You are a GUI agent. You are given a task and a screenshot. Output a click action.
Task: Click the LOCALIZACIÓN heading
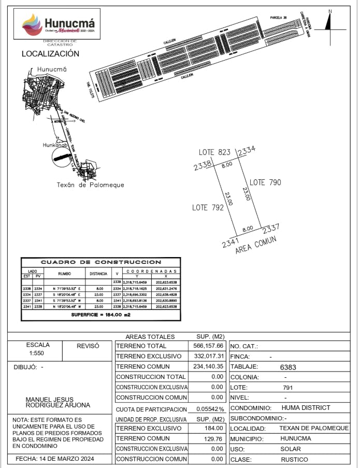click(x=50, y=54)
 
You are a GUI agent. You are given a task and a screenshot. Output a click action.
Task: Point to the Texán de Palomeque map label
click(x=90, y=185)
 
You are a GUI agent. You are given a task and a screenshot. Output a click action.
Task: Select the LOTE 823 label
click(x=214, y=152)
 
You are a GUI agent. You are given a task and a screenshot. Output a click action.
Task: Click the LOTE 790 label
click(x=265, y=182)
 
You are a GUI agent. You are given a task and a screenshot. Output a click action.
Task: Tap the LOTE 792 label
click(x=208, y=207)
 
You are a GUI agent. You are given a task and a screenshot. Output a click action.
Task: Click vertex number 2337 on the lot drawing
click(x=271, y=228)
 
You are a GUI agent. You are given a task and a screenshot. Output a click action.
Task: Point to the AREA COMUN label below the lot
click(x=256, y=245)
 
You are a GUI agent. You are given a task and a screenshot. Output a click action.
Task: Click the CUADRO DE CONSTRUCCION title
click(x=101, y=262)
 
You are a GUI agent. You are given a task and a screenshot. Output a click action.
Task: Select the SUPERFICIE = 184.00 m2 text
click(x=101, y=315)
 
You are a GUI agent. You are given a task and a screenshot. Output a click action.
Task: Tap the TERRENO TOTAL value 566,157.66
click(x=206, y=346)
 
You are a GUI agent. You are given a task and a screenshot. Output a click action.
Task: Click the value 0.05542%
click(x=210, y=409)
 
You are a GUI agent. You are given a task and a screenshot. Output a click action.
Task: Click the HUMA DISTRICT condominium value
click(x=306, y=408)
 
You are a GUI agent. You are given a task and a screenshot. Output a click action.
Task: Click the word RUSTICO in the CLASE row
click(x=294, y=460)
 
